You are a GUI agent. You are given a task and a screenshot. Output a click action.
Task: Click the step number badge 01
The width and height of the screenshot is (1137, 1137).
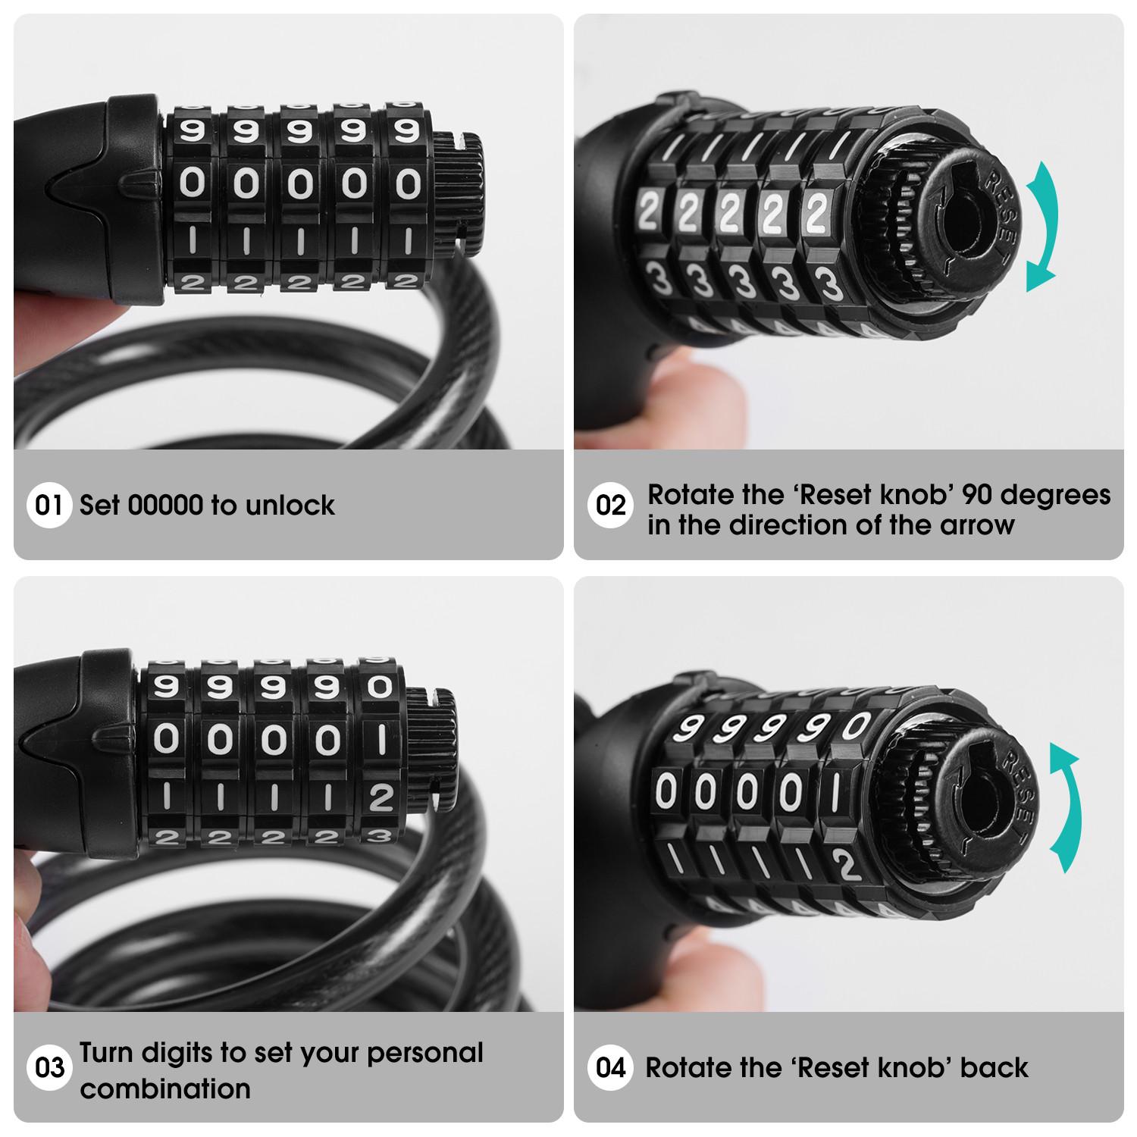[49, 505]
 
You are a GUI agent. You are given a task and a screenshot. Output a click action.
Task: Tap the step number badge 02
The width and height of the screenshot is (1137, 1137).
[610, 506]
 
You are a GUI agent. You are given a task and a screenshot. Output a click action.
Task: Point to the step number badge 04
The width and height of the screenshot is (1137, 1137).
[610, 1068]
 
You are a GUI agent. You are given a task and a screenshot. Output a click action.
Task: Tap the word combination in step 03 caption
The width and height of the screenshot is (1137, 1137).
[165, 1088]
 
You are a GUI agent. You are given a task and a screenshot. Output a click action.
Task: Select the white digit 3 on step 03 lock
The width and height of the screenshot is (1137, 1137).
[379, 836]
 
